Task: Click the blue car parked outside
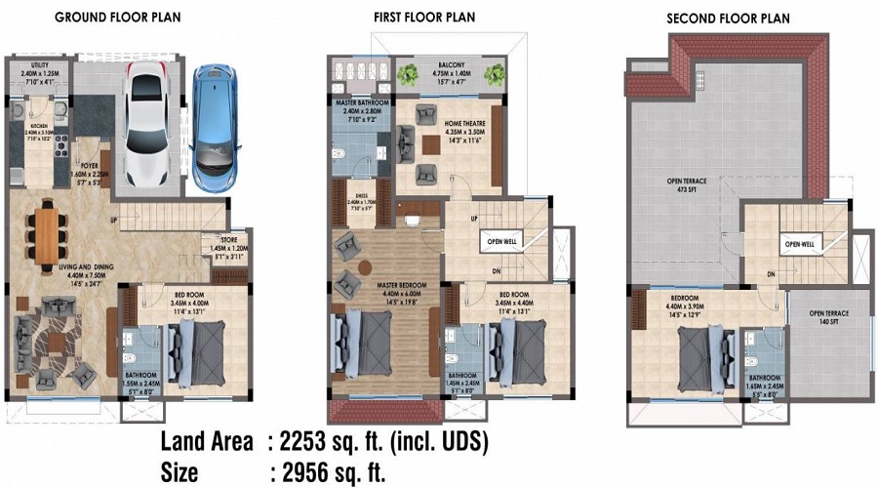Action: [214, 128]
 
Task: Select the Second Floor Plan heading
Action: [727, 19]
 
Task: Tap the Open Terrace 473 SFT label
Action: [673, 186]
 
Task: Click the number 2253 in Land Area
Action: [314, 442]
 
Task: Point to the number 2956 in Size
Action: [314, 472]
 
